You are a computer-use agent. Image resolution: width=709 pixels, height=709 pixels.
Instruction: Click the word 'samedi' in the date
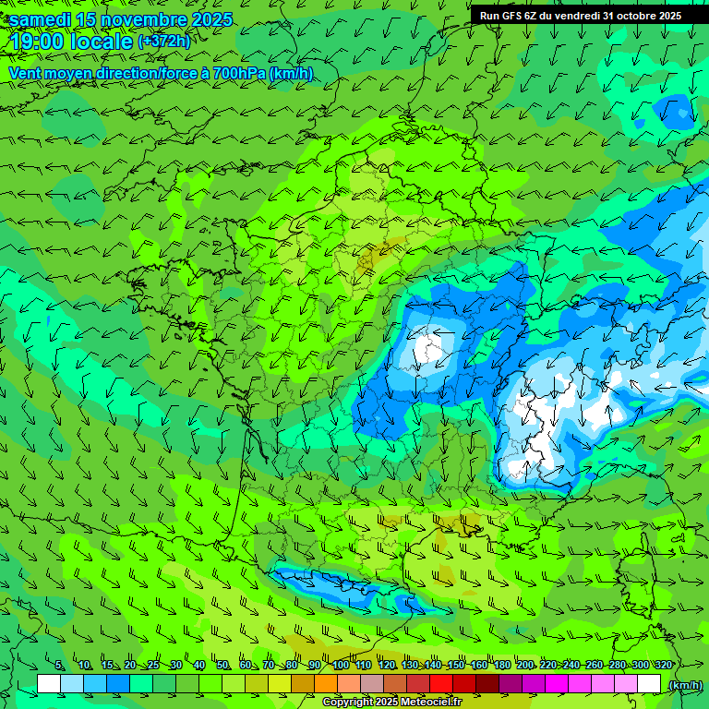(40, 19)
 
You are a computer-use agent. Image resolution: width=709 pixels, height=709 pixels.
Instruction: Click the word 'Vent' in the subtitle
(26, 73)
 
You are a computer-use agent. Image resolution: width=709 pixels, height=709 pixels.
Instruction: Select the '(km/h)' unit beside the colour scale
(684, 685)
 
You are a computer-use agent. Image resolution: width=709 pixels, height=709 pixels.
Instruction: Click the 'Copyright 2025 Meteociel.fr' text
(391, 703)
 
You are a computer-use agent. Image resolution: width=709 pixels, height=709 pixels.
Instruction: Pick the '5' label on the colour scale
(59, 666)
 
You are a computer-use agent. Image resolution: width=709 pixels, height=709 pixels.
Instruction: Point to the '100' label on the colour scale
(340, 666)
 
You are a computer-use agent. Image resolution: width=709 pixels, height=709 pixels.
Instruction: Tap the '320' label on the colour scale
(663, 666)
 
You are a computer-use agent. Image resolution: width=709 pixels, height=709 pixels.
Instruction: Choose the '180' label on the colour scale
(501, 666)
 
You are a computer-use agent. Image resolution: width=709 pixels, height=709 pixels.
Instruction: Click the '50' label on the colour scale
(222, 666)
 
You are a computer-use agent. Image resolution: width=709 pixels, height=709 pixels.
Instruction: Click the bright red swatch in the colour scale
(441, 684)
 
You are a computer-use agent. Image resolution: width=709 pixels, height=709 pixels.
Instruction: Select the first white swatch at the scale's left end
(49, 684)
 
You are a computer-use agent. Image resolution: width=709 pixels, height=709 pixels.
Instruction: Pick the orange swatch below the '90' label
(326, 684)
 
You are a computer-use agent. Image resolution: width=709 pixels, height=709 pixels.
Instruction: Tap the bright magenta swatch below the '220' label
(557, 684)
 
